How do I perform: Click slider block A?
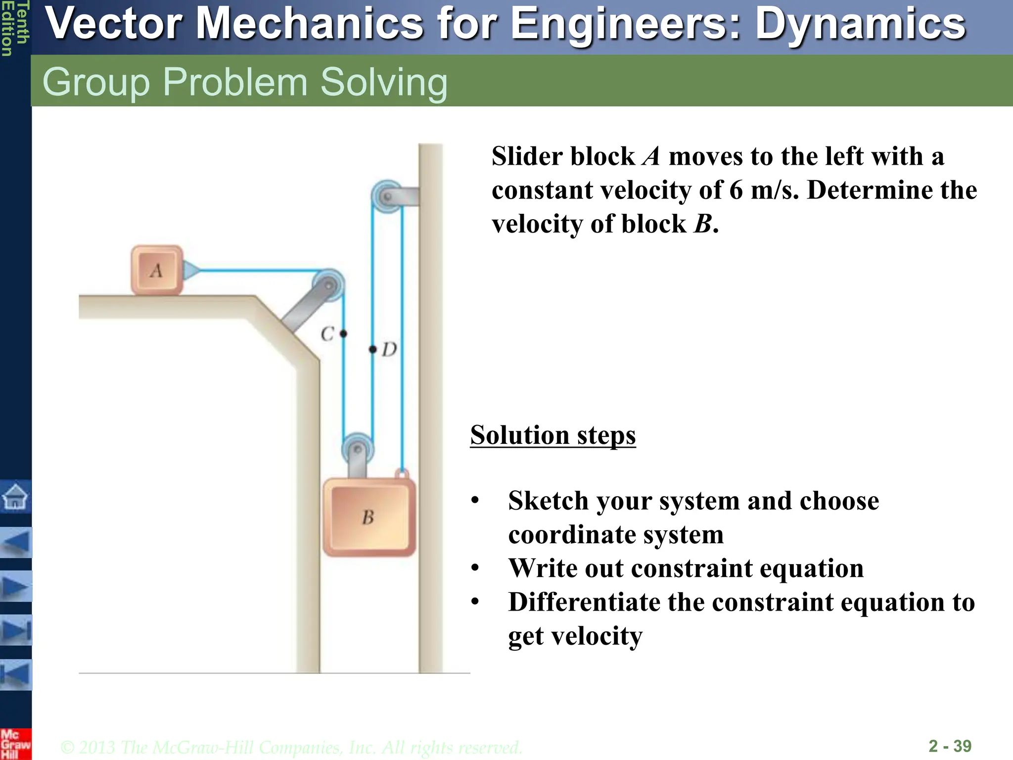tap(157, 270)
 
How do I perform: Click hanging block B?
tap(368, 518)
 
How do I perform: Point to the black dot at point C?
tap(343, 334)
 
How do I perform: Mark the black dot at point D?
tap(373, 349)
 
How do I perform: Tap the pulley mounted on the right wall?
tap(387, 196)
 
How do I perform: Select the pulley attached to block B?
tap(358, 449)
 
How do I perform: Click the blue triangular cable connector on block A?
tap(190, 270)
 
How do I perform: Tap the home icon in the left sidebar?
tap(15, 496)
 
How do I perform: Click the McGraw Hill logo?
tap(15, 744)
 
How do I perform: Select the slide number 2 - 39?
tap(950, 746)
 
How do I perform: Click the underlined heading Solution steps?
tap(553, 435)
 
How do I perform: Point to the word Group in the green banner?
tap(96, 82)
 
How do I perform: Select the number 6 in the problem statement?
tap(736, 190)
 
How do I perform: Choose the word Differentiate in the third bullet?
tap(584, 602)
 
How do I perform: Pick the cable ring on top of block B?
tap(402, 474)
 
